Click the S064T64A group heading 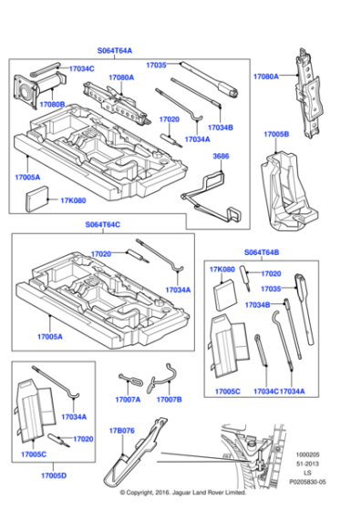coord(115,51)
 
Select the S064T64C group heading coord(103,224)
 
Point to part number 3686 coord(221,157)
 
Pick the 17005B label coord(276,134)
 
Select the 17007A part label coord(128,399)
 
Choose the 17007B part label coord(170,399)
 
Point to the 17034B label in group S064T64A coord(221,127)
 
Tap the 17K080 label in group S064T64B coord(222,270)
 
